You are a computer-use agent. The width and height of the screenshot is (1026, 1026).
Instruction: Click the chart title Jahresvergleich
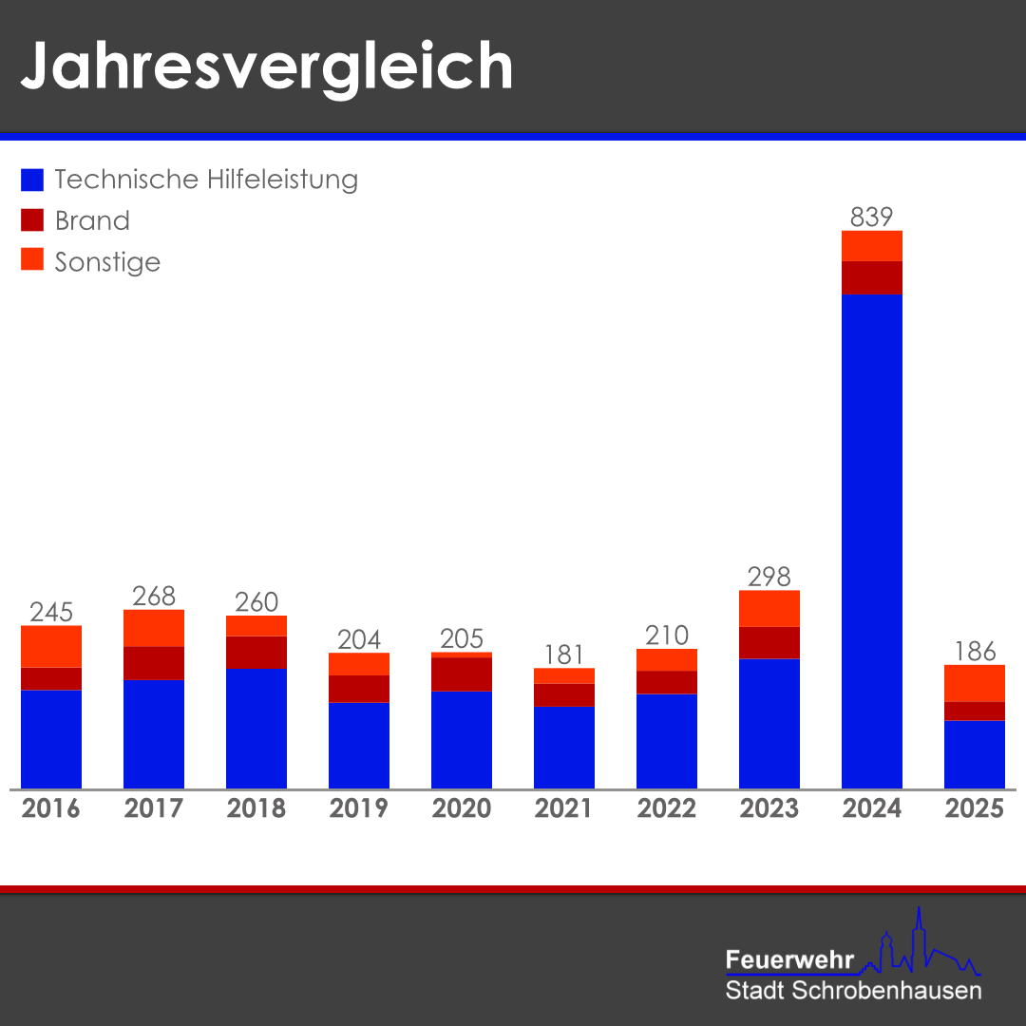(x=266, y=66)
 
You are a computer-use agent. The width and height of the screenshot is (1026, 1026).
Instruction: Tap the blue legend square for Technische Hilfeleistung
(x=32, y=180)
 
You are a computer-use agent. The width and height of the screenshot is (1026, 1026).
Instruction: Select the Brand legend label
(x=92, y=221)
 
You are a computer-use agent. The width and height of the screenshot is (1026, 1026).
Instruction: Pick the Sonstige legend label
(x=107, y=262)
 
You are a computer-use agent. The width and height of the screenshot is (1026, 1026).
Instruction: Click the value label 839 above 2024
(x=871, y=218)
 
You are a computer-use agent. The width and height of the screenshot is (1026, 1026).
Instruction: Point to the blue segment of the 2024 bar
(x=871, y=541)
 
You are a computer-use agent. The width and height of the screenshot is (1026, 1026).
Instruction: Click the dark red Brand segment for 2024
(x=871, y=277)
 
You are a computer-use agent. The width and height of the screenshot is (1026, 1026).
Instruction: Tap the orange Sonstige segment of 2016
(x=51, y=647)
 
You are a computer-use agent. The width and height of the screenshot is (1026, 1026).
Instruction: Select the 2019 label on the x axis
(x=358, y=808)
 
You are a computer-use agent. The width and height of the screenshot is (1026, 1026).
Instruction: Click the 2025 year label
(x=974, y=808)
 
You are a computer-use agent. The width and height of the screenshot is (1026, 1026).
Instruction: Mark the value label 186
(x=975, y=652)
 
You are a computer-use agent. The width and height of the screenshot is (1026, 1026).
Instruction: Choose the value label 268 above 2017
(x=154, y=597)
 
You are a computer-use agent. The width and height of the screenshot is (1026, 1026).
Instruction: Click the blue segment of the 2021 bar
(x=564, y=748)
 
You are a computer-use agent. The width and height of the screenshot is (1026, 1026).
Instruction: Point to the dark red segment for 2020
(x=462, y=674)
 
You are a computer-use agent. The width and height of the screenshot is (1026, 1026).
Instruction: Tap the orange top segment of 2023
(x=769, y=609)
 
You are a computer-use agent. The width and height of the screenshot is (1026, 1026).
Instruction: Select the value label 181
(x=564, y=655)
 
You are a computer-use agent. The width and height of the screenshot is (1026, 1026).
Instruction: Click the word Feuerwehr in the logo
(x=789, y=959)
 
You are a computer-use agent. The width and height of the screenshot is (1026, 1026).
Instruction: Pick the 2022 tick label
(x=666, y=808)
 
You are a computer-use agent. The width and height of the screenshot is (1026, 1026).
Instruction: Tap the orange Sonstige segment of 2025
(x=975, y=683)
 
